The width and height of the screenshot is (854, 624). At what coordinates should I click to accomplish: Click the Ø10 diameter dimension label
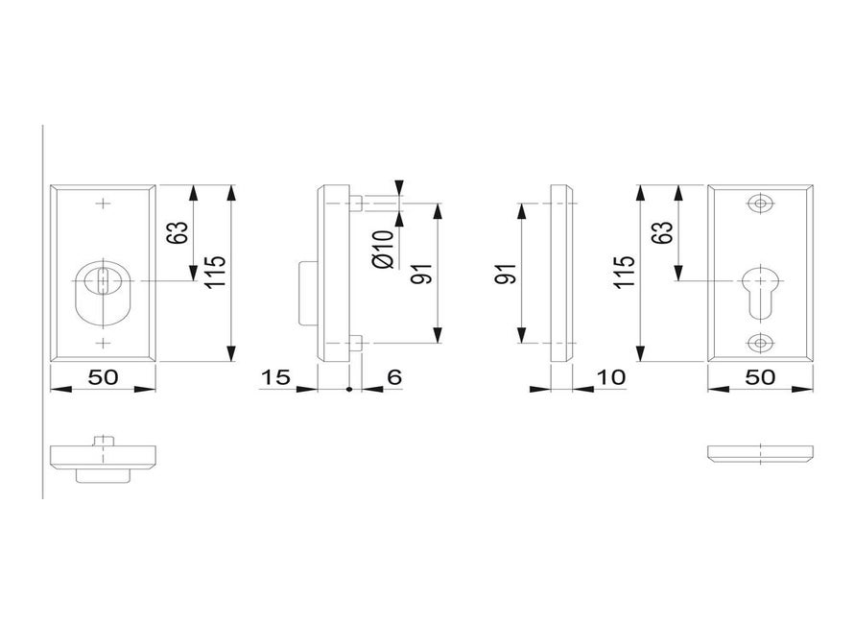click(383, 249)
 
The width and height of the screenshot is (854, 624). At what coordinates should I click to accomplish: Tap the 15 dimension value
click(276, 376)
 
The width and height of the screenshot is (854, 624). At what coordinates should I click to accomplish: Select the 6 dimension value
click(393, 376)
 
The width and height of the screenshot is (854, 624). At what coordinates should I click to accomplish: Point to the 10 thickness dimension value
click(611, 376)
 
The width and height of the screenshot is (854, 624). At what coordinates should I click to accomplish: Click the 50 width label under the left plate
click(103, 376)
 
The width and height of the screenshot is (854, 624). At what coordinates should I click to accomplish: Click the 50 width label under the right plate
click(760, 376)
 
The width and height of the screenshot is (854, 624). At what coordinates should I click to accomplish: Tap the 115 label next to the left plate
click(215, 272)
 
